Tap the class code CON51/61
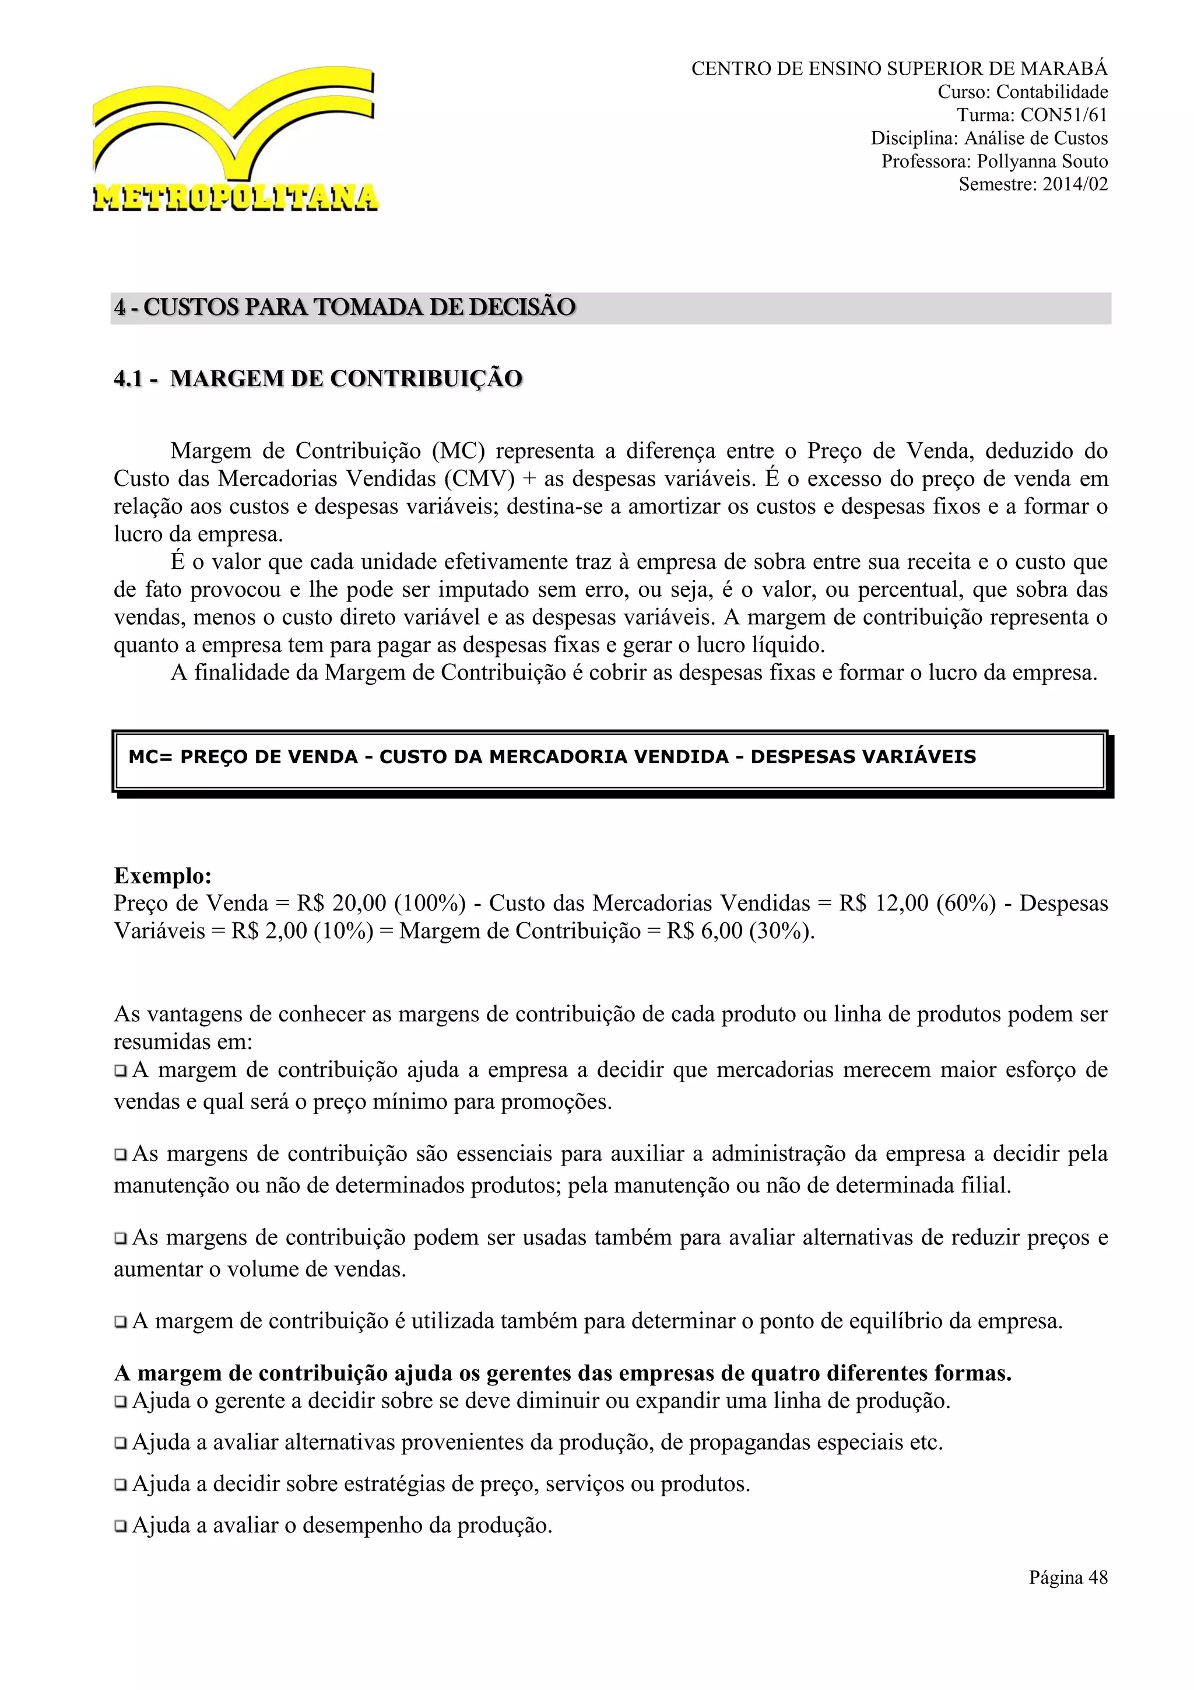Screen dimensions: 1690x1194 tap(1063, 116)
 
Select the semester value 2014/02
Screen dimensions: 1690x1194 tap(1075, 184)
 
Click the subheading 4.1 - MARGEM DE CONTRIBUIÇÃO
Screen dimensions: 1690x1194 tap(318, 379)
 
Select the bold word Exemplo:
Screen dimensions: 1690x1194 tap(163, 876)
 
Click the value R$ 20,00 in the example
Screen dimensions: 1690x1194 tap(339, 903)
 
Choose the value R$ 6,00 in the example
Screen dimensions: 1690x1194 tap(705, 931)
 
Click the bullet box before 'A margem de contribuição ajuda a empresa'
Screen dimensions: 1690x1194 tap(121, 1071)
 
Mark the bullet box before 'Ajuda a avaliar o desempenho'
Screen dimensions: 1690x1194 tap(121, 1527)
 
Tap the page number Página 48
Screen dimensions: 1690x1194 tap(1067, 1577)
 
